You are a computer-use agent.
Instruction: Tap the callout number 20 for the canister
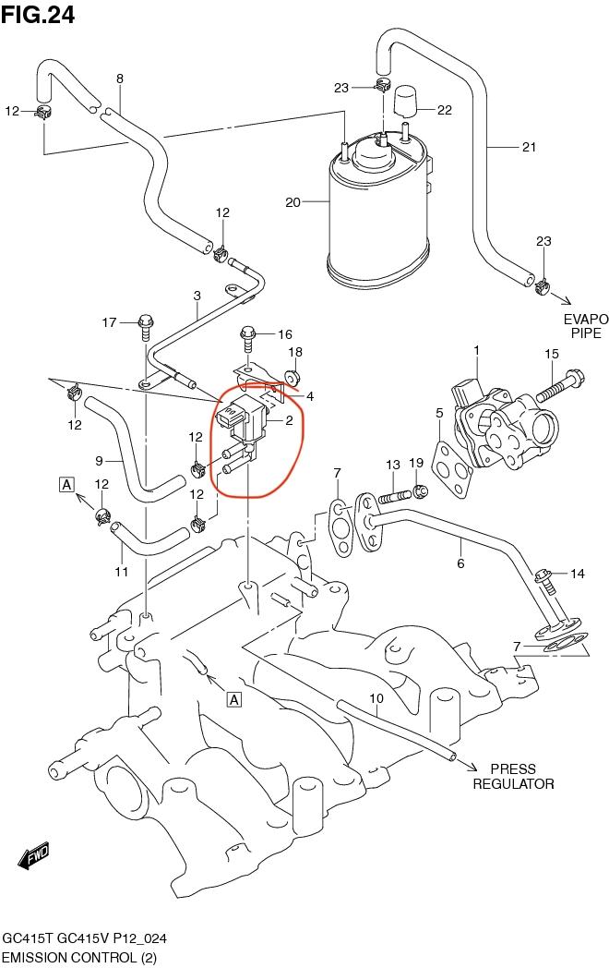coord(293,202)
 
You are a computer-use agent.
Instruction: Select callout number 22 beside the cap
coord(444,110)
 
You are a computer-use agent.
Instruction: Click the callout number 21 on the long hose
coord(528,147)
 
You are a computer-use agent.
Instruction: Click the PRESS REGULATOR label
coord(513,776)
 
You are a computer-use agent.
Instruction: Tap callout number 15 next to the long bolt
coord(551,354)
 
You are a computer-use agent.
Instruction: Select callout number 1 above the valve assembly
coord(476,350)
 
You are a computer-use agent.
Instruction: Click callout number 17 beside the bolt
coord(109,322)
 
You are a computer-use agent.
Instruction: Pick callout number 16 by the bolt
coord(284,334)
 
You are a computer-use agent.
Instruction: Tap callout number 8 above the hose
coord(119,79)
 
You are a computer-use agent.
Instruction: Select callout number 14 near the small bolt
coord(577,574)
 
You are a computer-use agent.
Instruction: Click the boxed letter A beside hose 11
coord(66,482)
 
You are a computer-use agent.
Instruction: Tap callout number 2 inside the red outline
coord(289,421)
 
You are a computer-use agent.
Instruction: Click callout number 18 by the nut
coord(295,352)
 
